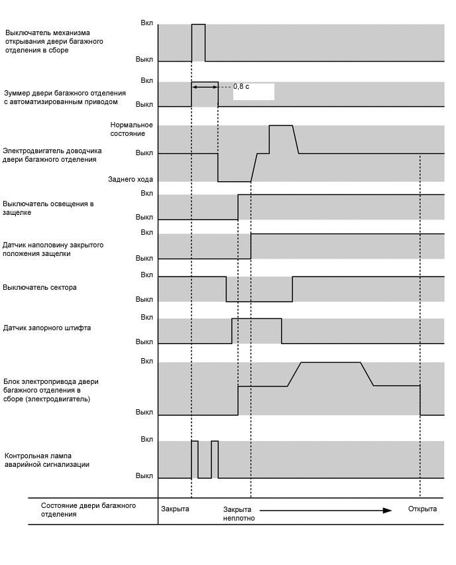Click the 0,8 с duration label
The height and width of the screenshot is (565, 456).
coord(241,86)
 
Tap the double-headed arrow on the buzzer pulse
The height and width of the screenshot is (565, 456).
coord(205,86)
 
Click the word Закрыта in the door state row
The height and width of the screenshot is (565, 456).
coord(175,509)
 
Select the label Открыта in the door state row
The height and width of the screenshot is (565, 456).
coord(422,509)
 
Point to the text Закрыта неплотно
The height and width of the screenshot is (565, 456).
coord(239,513)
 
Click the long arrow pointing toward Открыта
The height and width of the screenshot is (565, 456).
coord(321,510)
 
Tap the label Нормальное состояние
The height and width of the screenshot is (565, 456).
coord(132,129)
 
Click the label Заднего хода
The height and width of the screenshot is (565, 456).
coord(131,179)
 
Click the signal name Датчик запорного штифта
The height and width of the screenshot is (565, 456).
coord(47,328)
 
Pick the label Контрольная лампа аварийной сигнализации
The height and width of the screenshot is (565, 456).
coord(47,460)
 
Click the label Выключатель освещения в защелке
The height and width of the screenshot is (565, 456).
coord(48,208)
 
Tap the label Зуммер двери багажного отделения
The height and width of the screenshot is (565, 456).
coord(60,97)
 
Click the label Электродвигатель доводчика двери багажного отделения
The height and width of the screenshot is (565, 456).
coord(50,155)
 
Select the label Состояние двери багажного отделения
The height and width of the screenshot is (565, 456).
coord(88,509)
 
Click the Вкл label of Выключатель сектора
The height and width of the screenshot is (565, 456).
coord(146,275)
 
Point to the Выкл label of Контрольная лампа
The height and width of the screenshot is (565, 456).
coord(144,475)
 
